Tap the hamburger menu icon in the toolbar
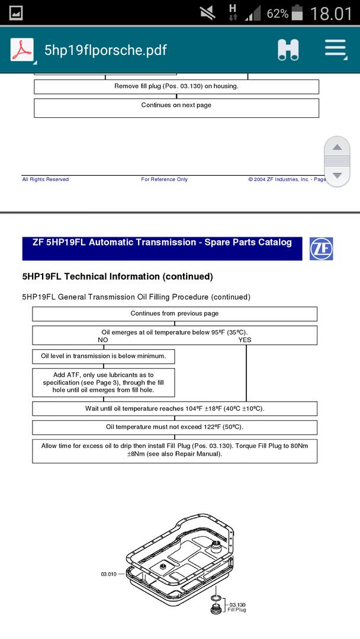tap(335, 50)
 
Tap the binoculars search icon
tap(288, 50)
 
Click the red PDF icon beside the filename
tap(22, 50)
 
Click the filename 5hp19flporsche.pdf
tap(105, 50)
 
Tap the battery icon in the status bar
tap(297, 13)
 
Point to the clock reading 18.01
tap(331, 14)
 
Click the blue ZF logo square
tap(321, 248)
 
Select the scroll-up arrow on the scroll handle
tap(337, 147)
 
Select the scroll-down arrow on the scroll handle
tap(337, 175)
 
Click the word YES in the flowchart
tap(245, 340)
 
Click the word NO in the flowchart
tap(103, 340)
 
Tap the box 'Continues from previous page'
tap(175, 314)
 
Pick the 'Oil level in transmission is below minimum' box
tap(104, 356)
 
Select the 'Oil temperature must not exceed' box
tap(175, 427)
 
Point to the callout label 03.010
tap(109, 574)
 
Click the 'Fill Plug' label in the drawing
tap(237, 609)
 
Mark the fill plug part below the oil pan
tap(216, 608)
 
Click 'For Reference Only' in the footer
tap(164, 179)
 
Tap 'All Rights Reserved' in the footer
tap(46, 179)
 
